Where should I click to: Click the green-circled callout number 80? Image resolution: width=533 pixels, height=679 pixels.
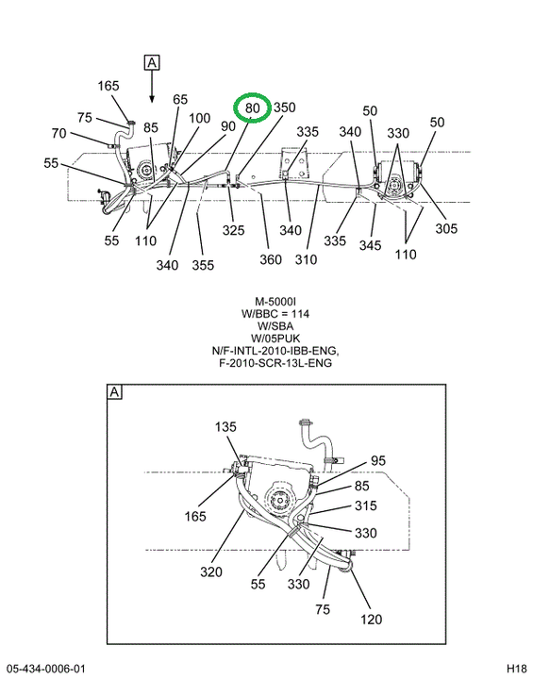pyautogui.click(x=252, y=108)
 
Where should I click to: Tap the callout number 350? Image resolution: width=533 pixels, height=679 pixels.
pyautogui.click(x=284, y=108)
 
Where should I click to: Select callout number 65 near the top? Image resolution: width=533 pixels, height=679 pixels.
pyautogui.click(x=180, y=99)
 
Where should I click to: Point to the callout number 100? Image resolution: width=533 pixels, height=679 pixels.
pyautogui.click(x=199, y=118)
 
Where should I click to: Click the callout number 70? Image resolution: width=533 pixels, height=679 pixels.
pyautogui.click(x=58, y=133)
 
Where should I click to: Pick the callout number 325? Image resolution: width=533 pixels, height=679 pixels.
pyautogui.click(x=234, y=230)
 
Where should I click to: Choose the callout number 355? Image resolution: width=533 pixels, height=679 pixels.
pyautogui.click(x=203, y=265)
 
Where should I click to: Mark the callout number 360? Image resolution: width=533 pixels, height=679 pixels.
pyautogui.click(x=271, y=259)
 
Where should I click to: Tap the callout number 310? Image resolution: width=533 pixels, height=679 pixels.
pyautogui.click(x=306, y=259)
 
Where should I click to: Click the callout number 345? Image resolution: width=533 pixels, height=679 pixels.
pyautogui.click(x=370, y=245)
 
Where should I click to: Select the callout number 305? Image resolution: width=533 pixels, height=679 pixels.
pyautogui.click(x=446, y=228)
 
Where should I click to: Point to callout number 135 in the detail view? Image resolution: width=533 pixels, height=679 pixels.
pyautogui.click(x=225, y=427)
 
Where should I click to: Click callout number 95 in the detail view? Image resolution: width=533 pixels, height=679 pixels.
pyautogui.click(x=378, y=460)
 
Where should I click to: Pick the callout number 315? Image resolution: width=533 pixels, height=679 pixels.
pyautogui.click(x=366, y=505)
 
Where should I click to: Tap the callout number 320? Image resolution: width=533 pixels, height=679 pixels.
pyautogui.click(x=211, y=572)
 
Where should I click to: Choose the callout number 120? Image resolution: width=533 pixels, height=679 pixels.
pyautogui.click(x=372, y=620)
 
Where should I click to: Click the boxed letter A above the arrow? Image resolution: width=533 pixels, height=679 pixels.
pyautogui.click(x=152, y=63)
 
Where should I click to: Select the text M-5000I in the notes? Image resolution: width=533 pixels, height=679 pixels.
pyautogui.click(x=275, y=302)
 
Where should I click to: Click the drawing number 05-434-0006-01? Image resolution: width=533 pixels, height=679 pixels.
pyautogui.click(x=46, y=669)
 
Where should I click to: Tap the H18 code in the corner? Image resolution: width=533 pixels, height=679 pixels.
pyautogui.click(x=517, y=669)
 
